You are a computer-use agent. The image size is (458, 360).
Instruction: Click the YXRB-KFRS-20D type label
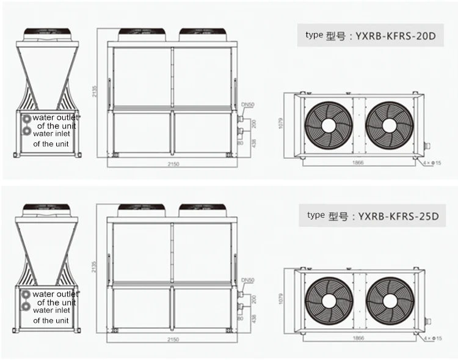371,35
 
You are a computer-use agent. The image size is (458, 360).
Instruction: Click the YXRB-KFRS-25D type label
371,216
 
